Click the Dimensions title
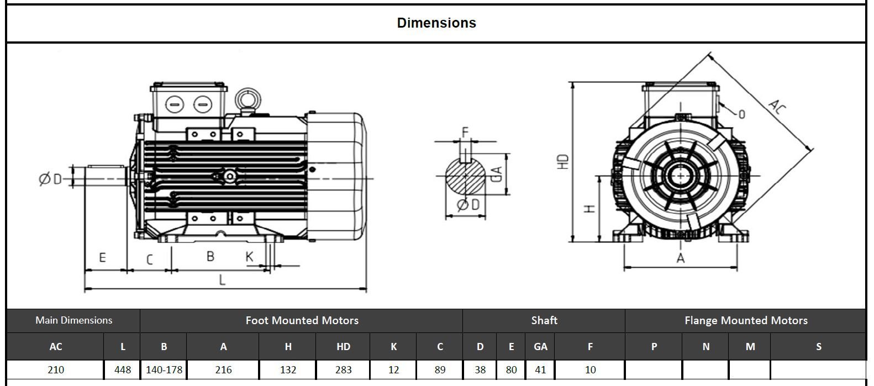(x=436, y=23)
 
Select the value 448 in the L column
(x=122, y=369)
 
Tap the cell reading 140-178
(x=164, y=369)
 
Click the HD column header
(x=343, y=346)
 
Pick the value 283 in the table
(x=343, y=369)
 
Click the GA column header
(x=540, y=346)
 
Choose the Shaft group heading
(x=544, y=320)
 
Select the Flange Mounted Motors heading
(x=746, y=320)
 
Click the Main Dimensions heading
(x=73, y=320)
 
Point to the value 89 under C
(x=440, y=369)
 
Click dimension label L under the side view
(x=222, y=279)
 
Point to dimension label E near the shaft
(x=102, y=257)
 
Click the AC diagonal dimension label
(x=776, y=107)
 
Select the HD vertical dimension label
(x=563, y=161)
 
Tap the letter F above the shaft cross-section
(x=465, y=132)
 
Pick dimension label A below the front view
(x=681, y=258)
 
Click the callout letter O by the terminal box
(x=741, y=114)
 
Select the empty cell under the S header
(x=818, y=369)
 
